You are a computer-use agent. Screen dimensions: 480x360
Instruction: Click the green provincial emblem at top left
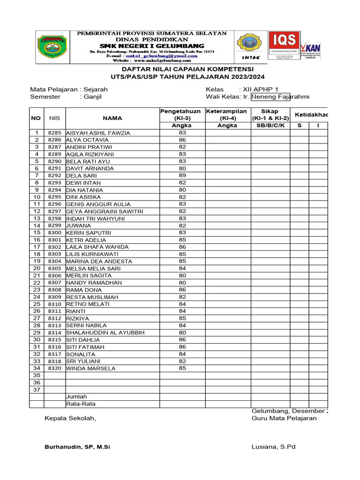[x=52, y=47]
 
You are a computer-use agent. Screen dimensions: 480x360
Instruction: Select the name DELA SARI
[x=81, y=176]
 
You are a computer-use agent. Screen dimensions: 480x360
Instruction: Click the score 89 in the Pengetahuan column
[x=182, y=175]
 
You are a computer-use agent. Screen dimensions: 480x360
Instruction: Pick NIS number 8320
[x=55, y=368]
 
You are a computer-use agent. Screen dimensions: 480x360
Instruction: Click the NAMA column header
[x=112, y=118]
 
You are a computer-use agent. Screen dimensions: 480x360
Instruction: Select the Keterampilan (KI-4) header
[x=227, y=114]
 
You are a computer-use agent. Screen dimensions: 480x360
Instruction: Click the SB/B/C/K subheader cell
[x=270, y=126]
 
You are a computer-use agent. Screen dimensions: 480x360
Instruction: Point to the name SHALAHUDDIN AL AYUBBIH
[x=105, y=333]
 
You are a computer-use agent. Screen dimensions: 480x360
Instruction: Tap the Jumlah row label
[x=76, y=397]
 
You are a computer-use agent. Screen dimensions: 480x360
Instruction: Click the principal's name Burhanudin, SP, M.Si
[x=77, y=447]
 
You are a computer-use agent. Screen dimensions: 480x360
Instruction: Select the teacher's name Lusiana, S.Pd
[x=273, y=447]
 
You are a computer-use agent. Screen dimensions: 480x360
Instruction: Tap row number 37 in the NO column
[x=37, y=390]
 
